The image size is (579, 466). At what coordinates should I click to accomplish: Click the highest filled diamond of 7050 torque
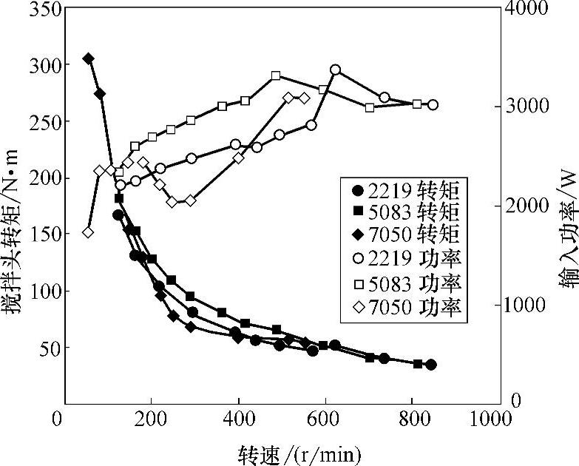88,58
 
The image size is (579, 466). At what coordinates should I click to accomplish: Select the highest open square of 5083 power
276,75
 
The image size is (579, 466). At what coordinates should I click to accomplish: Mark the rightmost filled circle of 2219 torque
431,365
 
